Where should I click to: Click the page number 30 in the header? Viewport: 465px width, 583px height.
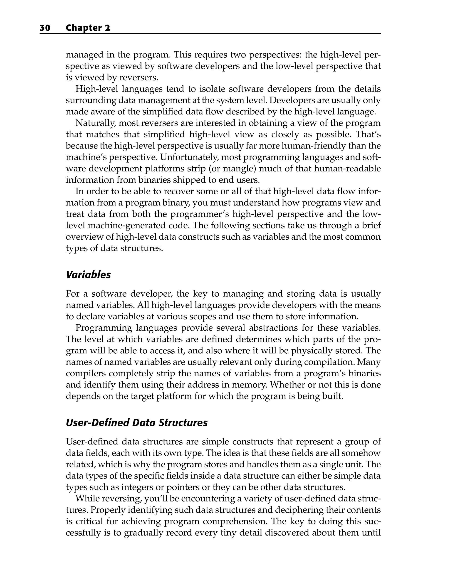tap(45, 28)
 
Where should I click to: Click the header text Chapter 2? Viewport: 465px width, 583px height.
tap(88, 28)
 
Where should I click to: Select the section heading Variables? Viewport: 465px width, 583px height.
tap(88, 275)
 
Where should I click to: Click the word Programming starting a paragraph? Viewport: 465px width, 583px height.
tap(104, 328)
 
